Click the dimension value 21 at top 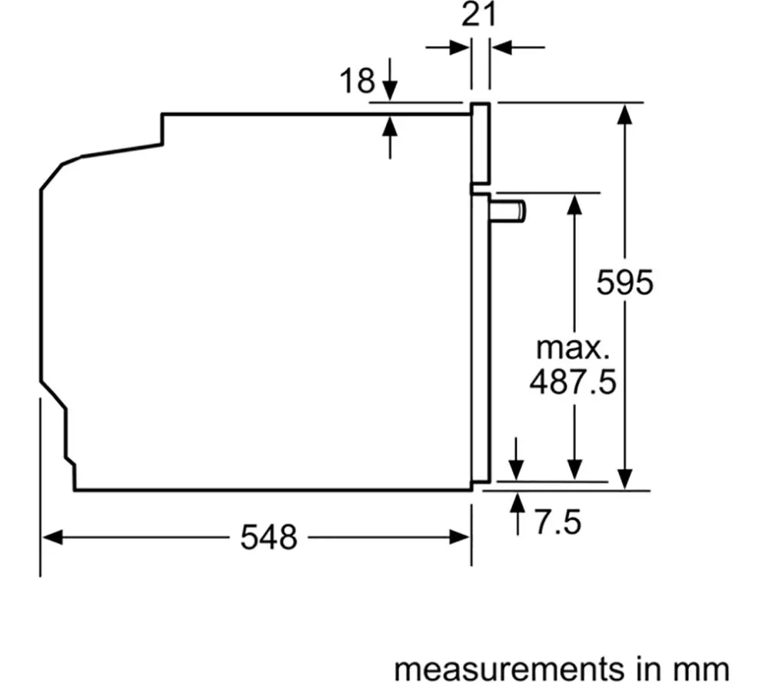(479, 15)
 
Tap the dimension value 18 (357, 81)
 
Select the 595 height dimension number (624, 282)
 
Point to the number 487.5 (573, 382)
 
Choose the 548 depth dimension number (268, 537)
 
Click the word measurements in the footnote (508, 669)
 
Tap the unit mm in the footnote (703, 669)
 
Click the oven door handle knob (508, 211)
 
